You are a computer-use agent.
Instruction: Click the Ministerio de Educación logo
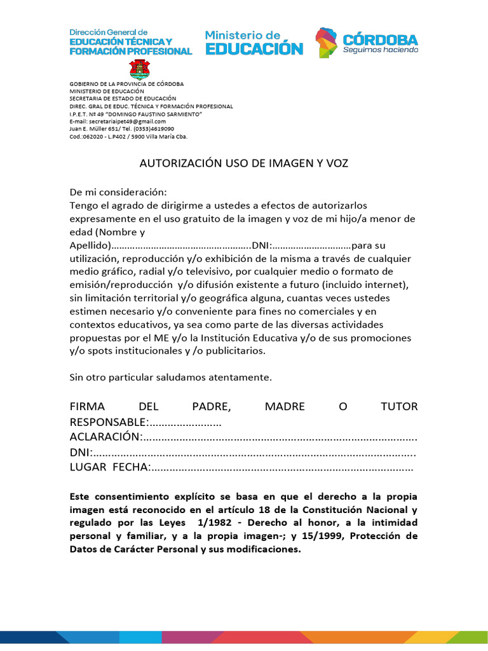click(254, 42)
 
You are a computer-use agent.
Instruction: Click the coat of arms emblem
click(140, 69)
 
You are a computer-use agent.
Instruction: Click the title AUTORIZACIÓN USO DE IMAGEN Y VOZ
click(244, 163)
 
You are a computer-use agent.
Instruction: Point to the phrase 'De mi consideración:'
click(118, 192)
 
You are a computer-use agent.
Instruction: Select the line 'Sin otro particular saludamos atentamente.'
click(170, 377)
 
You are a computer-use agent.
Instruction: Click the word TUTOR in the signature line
click(398, 407)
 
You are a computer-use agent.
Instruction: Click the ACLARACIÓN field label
click(104, 437)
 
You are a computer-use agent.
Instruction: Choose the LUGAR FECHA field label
click(109, 468)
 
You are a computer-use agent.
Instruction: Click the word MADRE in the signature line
click(285, 407)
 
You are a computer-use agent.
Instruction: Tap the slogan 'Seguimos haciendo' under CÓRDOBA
click(381, 50)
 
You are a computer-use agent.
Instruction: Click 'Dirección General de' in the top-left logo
click(108, 31)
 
